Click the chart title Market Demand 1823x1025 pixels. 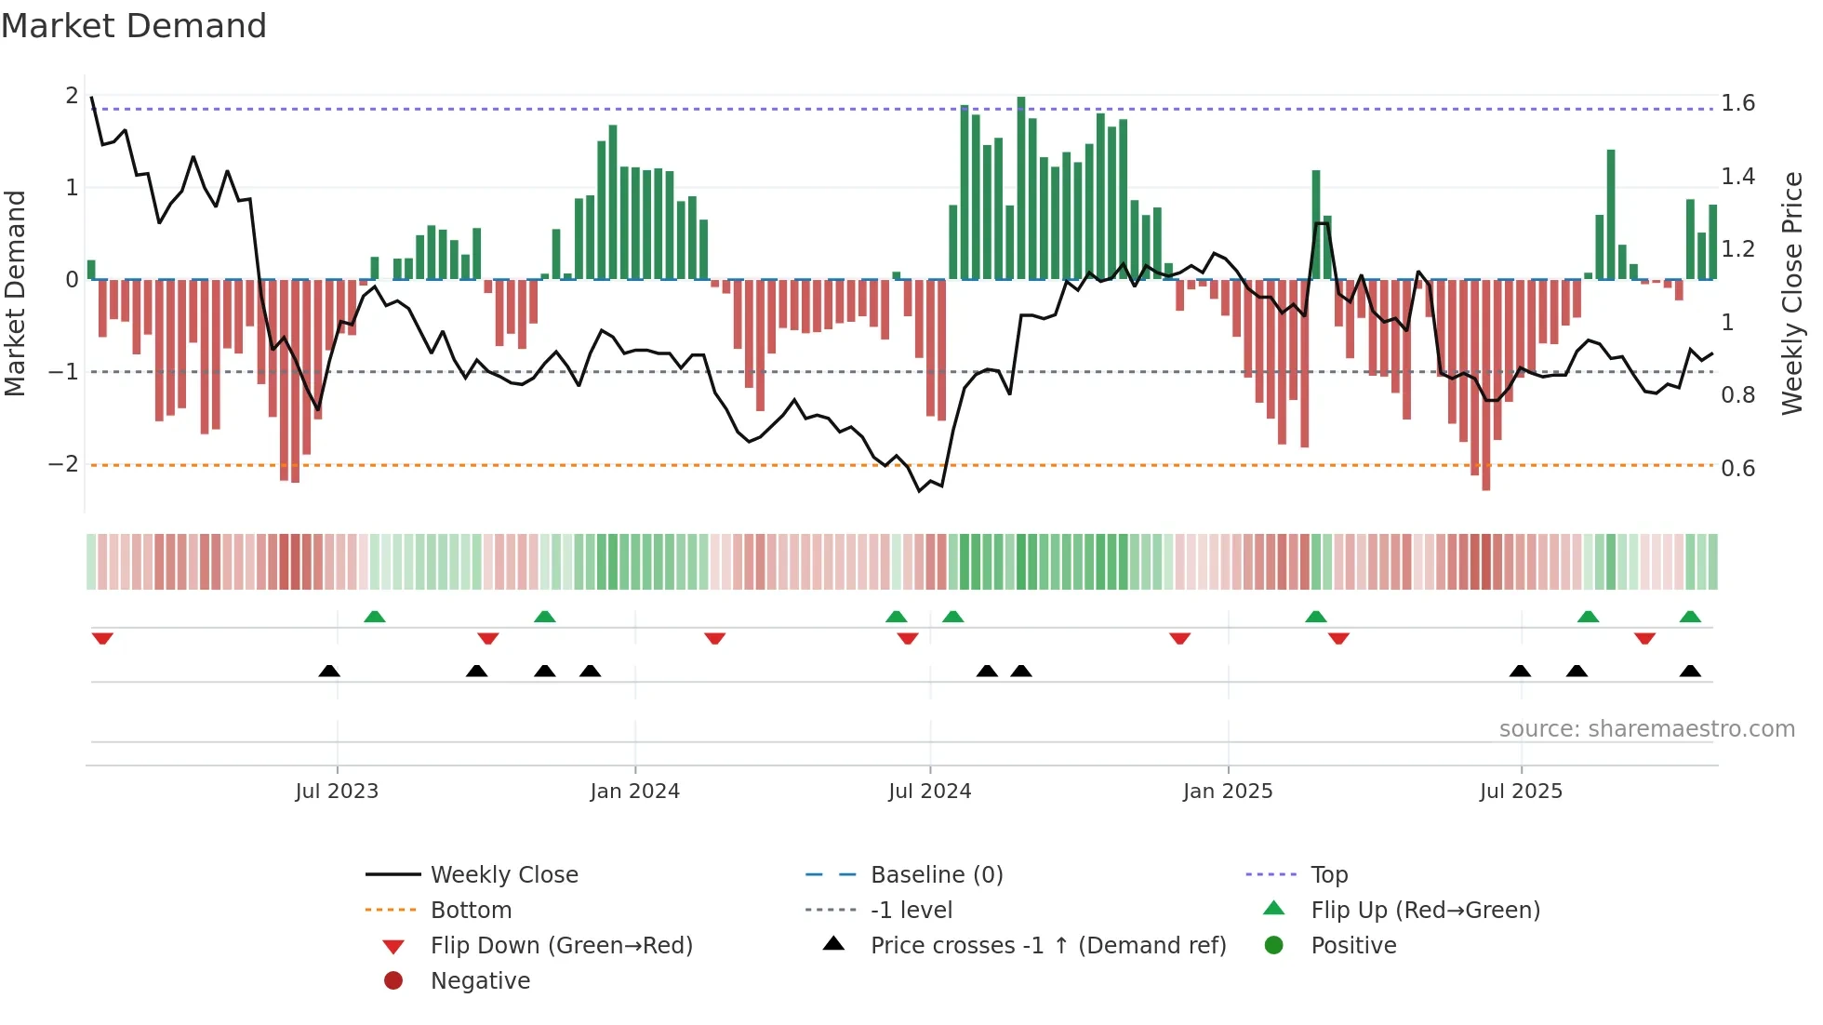[x=134, y=26]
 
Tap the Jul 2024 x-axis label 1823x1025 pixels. [x=929, y=792]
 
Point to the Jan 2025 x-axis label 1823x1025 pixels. [x=1227, y=792]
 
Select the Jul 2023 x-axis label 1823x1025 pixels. [x=337, y=792]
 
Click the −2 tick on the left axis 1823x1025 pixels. [x=64, y=464]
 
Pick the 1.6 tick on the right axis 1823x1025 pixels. [x=1737, y=102]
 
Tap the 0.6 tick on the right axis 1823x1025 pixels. [x=1737, y=468]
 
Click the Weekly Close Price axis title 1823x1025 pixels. [x=1791, y=293]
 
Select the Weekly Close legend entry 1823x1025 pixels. [x=503, y=875]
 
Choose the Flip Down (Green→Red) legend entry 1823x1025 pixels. [x=561, y=946]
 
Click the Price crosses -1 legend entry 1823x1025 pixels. [x=1047, y=946]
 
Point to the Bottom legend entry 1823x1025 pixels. [x=471, y=911]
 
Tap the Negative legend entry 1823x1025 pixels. [x=480, y=981]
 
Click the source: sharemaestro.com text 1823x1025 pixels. [x=1646, y=729]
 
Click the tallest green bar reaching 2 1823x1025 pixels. [x=1021, y=186]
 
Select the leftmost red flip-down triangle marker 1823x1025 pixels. [x=102, y=638]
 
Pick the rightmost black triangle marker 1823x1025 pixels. [x=1690, y=671]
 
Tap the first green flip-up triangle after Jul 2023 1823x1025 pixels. [x=374, y=617]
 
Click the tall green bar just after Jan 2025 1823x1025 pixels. [x=1316, y=223]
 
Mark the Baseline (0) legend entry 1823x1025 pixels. [x=936, y=875]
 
